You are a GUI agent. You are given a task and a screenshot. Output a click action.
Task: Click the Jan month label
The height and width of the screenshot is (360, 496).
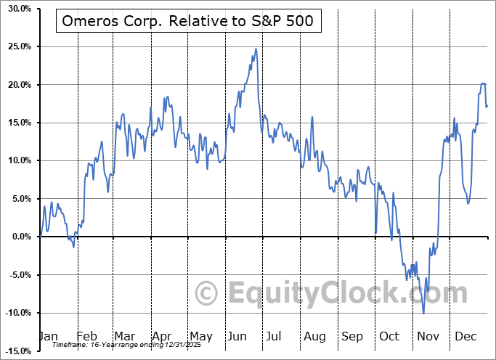(x=48, y=336)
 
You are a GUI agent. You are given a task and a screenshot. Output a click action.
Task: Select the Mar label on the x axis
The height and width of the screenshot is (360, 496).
(x=124, y=336)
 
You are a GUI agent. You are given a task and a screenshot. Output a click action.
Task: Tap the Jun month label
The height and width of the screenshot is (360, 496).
(x=237, y=336)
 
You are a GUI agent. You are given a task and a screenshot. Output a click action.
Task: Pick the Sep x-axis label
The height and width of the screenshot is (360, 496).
(x=352, y=336)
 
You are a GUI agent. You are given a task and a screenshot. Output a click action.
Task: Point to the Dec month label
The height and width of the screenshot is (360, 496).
(x=465, y=336)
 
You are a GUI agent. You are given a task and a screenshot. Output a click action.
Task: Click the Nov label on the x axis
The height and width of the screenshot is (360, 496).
(x=428, y=336)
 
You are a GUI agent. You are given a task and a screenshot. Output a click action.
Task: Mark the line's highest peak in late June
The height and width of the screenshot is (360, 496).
(x=256, y=49)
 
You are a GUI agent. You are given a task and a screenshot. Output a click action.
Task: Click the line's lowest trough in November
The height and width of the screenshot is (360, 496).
(x=423, y=313)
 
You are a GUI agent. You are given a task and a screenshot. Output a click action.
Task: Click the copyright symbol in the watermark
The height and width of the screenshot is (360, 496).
(x=208, y=293)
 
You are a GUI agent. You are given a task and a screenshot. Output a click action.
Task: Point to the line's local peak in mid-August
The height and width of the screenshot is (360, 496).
(x=312, y=117)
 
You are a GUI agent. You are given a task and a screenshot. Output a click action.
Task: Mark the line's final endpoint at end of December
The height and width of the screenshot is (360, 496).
(x=487, y=107)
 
